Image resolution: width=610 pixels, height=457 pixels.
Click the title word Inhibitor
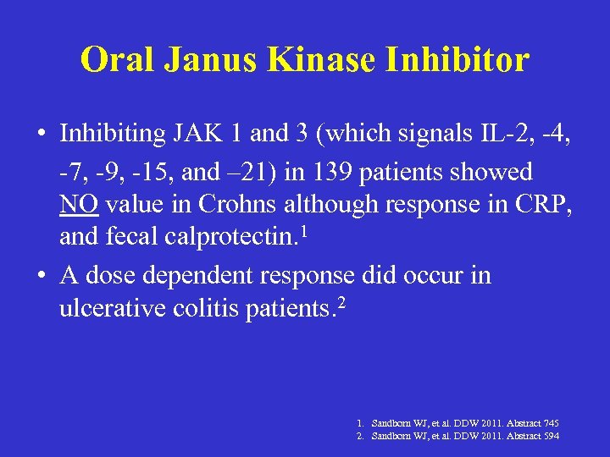463,60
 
